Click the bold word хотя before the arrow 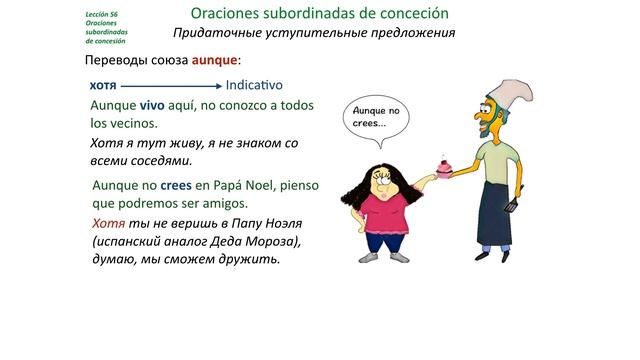(104, 86)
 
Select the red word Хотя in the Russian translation (108, 223)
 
